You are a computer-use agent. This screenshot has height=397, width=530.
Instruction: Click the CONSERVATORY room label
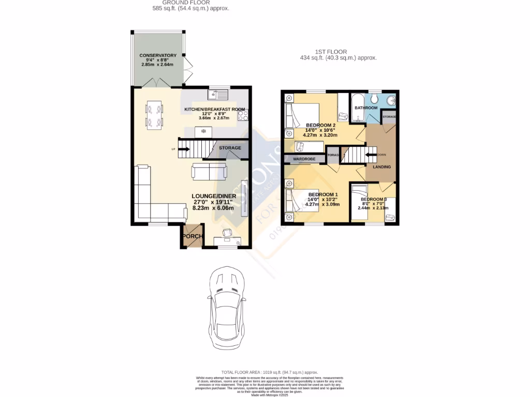158,55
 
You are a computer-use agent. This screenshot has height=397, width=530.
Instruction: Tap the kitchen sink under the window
218,94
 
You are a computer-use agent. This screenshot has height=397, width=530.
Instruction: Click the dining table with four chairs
154,115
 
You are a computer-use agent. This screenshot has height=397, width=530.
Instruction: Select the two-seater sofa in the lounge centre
209,171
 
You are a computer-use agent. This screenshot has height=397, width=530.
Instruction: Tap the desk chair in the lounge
227,233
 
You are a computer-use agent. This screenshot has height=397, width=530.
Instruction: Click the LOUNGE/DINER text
214,196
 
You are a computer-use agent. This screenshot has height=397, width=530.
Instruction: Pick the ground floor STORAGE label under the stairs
230,148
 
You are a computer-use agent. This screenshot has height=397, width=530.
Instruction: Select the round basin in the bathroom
391,100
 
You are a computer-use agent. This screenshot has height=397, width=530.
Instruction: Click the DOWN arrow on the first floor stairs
371,154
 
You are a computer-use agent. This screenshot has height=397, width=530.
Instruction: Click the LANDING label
382,166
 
